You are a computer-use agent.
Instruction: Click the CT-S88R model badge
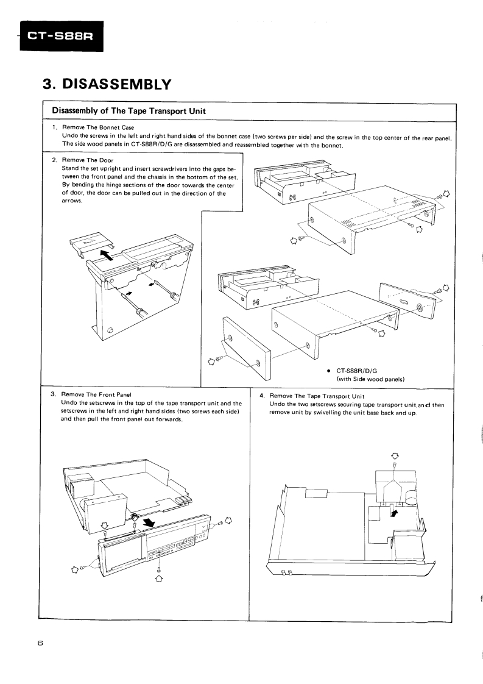pyautogui.click(x=60, y=37)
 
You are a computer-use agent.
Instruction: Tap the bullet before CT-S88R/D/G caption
pyautogui.click(x=328, y=369)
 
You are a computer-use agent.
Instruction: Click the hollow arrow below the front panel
pyautogui.click(x=159, y=579)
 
